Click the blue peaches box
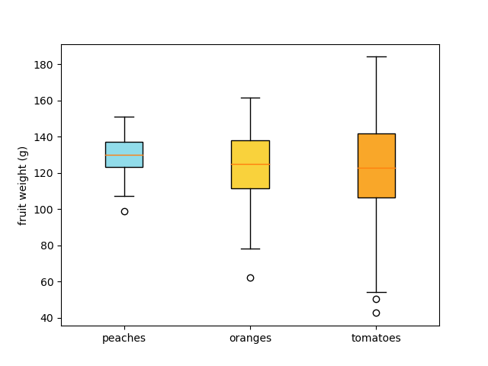pyautogui.click(x=124, y=154)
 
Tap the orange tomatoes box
pyautogui.click(x=376, y=165)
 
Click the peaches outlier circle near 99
pyautogui.click(x=124, y=211)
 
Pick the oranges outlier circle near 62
pyautogui.click(x=250, y=278)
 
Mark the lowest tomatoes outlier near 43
pyautogui.click(x=376, y=313)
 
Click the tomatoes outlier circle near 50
pyautogui.click(x=376, y=299)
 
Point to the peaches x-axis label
pyautogui.click(x=124, y=338)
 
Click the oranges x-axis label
pyautogui.click(x=250, y=338)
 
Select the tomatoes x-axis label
pyautogui.click(x=376, y=338)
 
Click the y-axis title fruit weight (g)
pyautogui.click(x=23, y=185)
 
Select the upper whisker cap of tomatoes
pyautogui.click(x=376, y=56)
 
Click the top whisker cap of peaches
pyautogui.click(x=124, y=117)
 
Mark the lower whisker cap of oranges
pyautogui.click(x=250, y=249)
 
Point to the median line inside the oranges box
pyautogui.click(x=250, y=164)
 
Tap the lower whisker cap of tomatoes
pyautogui.click(x=376, y=292)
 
